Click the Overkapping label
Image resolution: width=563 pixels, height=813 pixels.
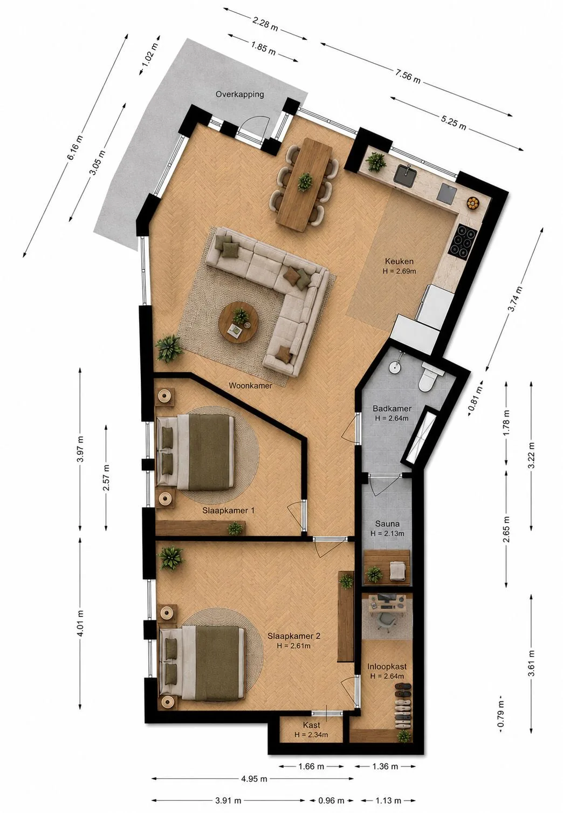click(x=239, y=94)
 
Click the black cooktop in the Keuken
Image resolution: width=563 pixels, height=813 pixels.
click(x=462, y=240)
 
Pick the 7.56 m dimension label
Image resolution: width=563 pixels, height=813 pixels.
click(x=408, y=77)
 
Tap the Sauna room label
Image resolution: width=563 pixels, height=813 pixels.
click(x=387, y=524)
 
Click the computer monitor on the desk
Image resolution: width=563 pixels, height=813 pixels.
click(x=387, y=597)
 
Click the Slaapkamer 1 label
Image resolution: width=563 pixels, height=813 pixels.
click(x=228, y=510)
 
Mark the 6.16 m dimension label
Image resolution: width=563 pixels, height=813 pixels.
click(x=75, y=147)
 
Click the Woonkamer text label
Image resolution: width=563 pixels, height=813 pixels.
click(x=250, y=385)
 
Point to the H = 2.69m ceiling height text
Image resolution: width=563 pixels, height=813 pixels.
click(x=399, y=271)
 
